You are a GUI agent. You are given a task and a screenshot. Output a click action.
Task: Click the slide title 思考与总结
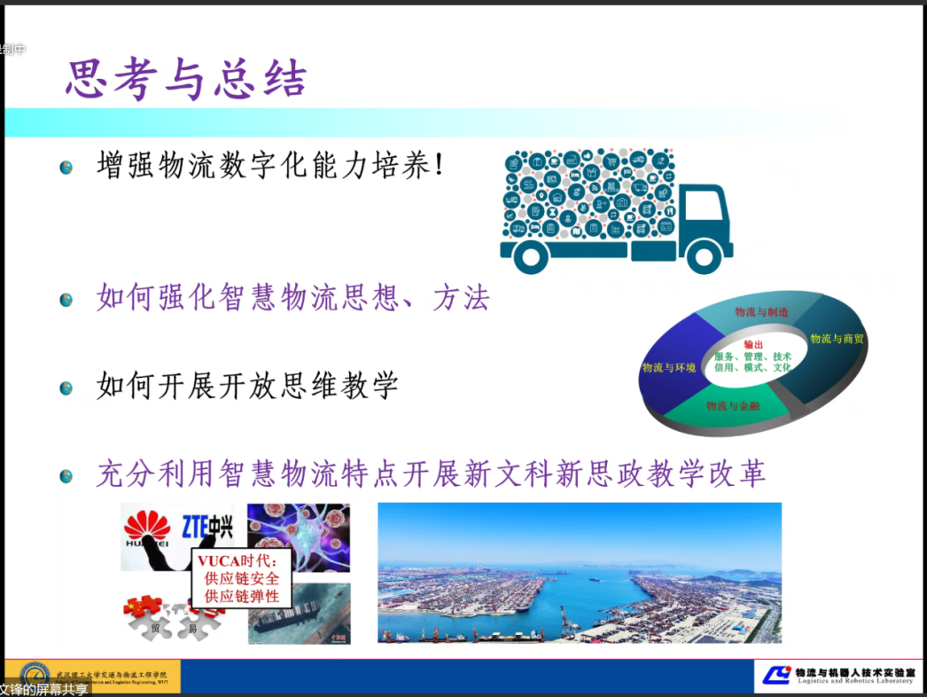pyautogui.click(x=186, y=80)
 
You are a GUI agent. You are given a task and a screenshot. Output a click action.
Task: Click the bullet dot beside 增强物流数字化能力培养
pyautogui.click(x=66, y=168)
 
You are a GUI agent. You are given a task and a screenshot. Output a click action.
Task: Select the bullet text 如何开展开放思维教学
pyautogui.click(x=247, y=386)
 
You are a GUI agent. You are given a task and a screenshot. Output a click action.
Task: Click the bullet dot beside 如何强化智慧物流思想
pyautogui.click(x=66, y=300)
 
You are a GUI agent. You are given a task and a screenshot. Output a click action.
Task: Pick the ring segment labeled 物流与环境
pyautogui.click(x=669, y=366)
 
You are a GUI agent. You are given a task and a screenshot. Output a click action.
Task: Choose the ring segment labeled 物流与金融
pyautogui.click(x=733, y=406)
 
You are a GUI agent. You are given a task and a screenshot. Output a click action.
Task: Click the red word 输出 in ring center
pyautogui.click(x=752, y=344)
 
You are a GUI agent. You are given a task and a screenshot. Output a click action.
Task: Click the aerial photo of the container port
pyautogui.click(x=580, y=573)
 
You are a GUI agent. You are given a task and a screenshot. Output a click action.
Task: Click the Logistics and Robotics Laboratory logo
pyautogui.click(x=837, y=675)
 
